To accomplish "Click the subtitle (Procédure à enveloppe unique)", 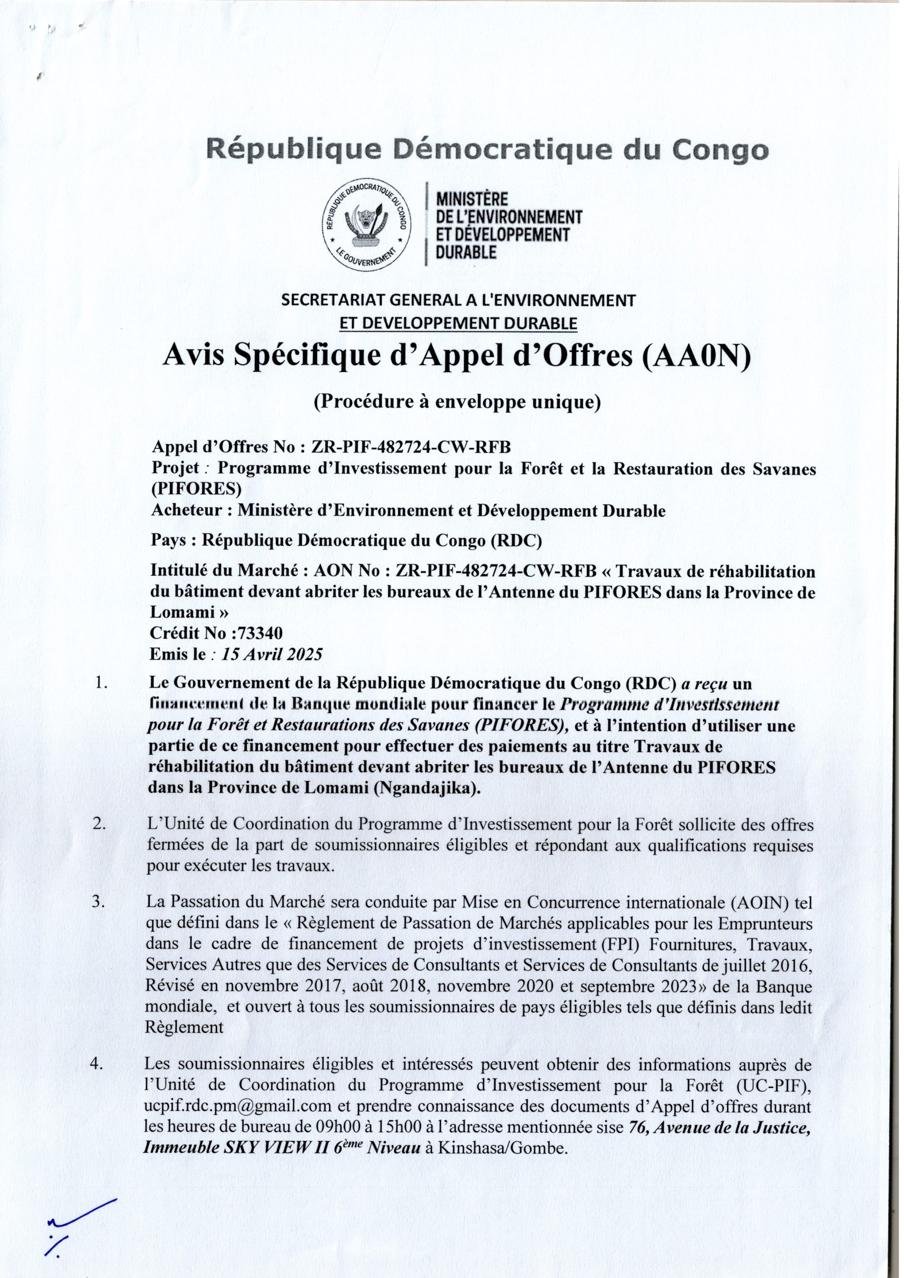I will (457, 401).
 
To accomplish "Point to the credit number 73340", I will (260, 633).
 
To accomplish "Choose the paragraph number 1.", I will (101, 683).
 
